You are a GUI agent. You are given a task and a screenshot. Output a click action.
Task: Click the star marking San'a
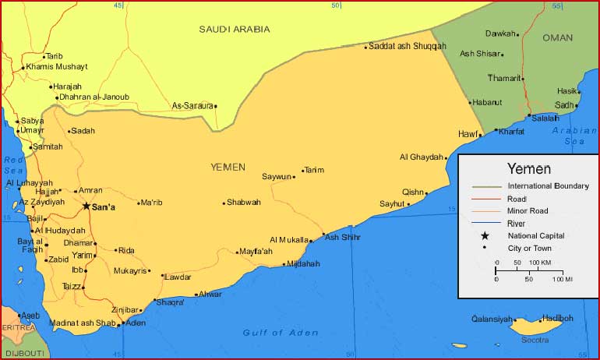(86, 206)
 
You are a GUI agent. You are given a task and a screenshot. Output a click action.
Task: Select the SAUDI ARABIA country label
(234, 29)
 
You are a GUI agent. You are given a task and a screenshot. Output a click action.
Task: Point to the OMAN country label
(557, 37)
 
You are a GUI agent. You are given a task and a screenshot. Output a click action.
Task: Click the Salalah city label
(545, 118)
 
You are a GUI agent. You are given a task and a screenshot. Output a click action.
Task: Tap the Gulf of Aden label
(281, 333)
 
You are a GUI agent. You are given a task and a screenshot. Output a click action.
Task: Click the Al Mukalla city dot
(311, 241)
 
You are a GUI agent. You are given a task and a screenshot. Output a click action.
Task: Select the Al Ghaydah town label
(421, 157)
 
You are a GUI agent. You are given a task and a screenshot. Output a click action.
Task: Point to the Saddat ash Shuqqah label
(408, 46)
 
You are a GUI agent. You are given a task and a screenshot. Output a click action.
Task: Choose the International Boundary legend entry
(548, 186)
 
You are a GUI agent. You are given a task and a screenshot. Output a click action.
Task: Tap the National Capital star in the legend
(485, 235)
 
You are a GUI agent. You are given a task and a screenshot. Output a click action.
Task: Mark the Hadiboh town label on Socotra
(557, 318)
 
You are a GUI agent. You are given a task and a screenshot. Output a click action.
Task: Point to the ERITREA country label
(17, 327)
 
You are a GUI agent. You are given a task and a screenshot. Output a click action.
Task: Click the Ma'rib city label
(151, 203)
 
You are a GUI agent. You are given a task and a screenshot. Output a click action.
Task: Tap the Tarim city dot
(302, 171)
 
